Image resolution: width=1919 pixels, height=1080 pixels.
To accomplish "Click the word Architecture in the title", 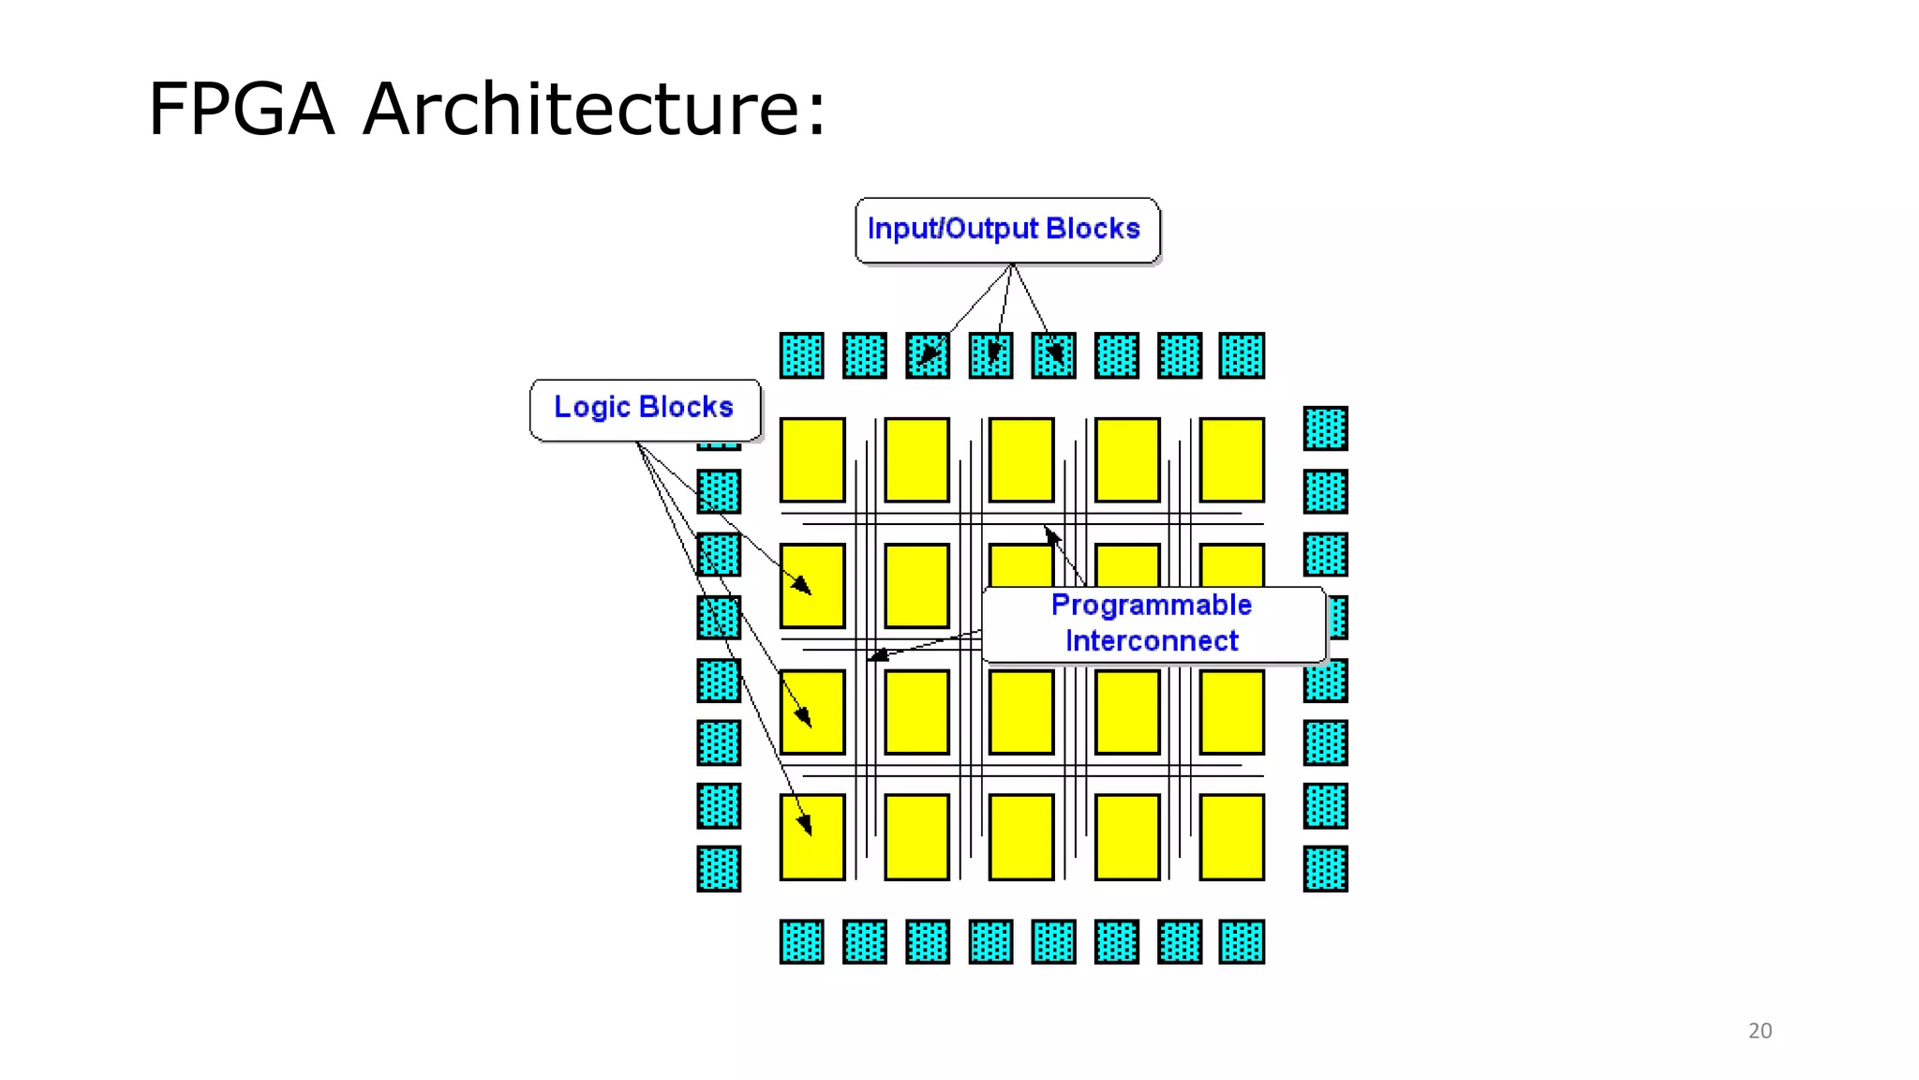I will point(594,110).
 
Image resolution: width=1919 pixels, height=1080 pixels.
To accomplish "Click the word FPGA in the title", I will point(242,110).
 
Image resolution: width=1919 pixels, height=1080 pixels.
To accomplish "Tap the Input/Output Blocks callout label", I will point(1006,230).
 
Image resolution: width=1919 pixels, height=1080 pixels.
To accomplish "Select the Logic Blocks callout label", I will point(644,408).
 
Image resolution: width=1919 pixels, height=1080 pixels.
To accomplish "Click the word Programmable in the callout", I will point(1151,606).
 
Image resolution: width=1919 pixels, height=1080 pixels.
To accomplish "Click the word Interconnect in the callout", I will point(1151,641).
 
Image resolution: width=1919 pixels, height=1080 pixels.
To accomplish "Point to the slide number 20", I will point(1760,1030).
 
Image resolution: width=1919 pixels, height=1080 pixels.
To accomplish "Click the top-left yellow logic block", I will point(812,460).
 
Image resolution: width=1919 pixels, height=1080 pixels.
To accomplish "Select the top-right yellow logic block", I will point(1231,460).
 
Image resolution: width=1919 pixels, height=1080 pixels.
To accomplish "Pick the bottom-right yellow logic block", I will point(1231,837).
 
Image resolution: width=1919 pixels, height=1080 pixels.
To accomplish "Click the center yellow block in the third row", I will point(1021,712).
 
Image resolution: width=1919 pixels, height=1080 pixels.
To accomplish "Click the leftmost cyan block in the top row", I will point(801,355).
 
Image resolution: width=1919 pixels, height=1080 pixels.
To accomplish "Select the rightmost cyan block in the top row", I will point(1242,355).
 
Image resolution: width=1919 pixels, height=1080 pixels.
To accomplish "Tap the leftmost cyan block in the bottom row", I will point(801,941).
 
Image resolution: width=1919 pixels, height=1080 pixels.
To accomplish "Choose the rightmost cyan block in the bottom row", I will point(1242,941).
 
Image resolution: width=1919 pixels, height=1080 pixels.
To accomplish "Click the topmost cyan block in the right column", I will point(1325,428).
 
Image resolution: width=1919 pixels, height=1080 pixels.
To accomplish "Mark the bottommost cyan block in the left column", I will point(719,868).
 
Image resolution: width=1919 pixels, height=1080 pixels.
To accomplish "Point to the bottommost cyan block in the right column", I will point(1325,868).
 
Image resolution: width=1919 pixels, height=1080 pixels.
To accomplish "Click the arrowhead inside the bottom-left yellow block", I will point(805,825).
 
